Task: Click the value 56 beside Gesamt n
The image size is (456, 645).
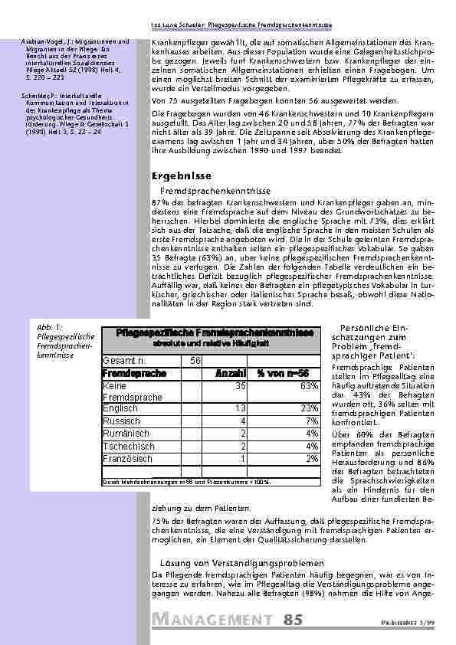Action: (195, 360)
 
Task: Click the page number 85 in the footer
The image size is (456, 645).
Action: (293, 619)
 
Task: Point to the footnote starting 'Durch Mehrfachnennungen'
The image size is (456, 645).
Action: (186, 482)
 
